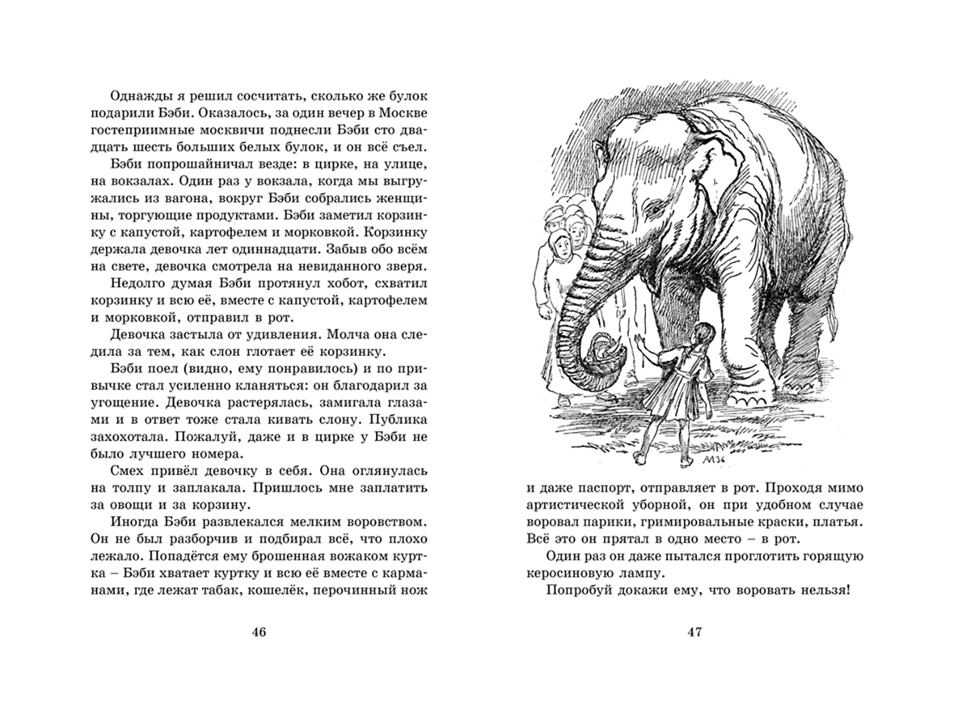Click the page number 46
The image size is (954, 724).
[259, 632]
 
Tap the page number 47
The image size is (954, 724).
[695, 632]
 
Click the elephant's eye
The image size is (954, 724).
[654, 212]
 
